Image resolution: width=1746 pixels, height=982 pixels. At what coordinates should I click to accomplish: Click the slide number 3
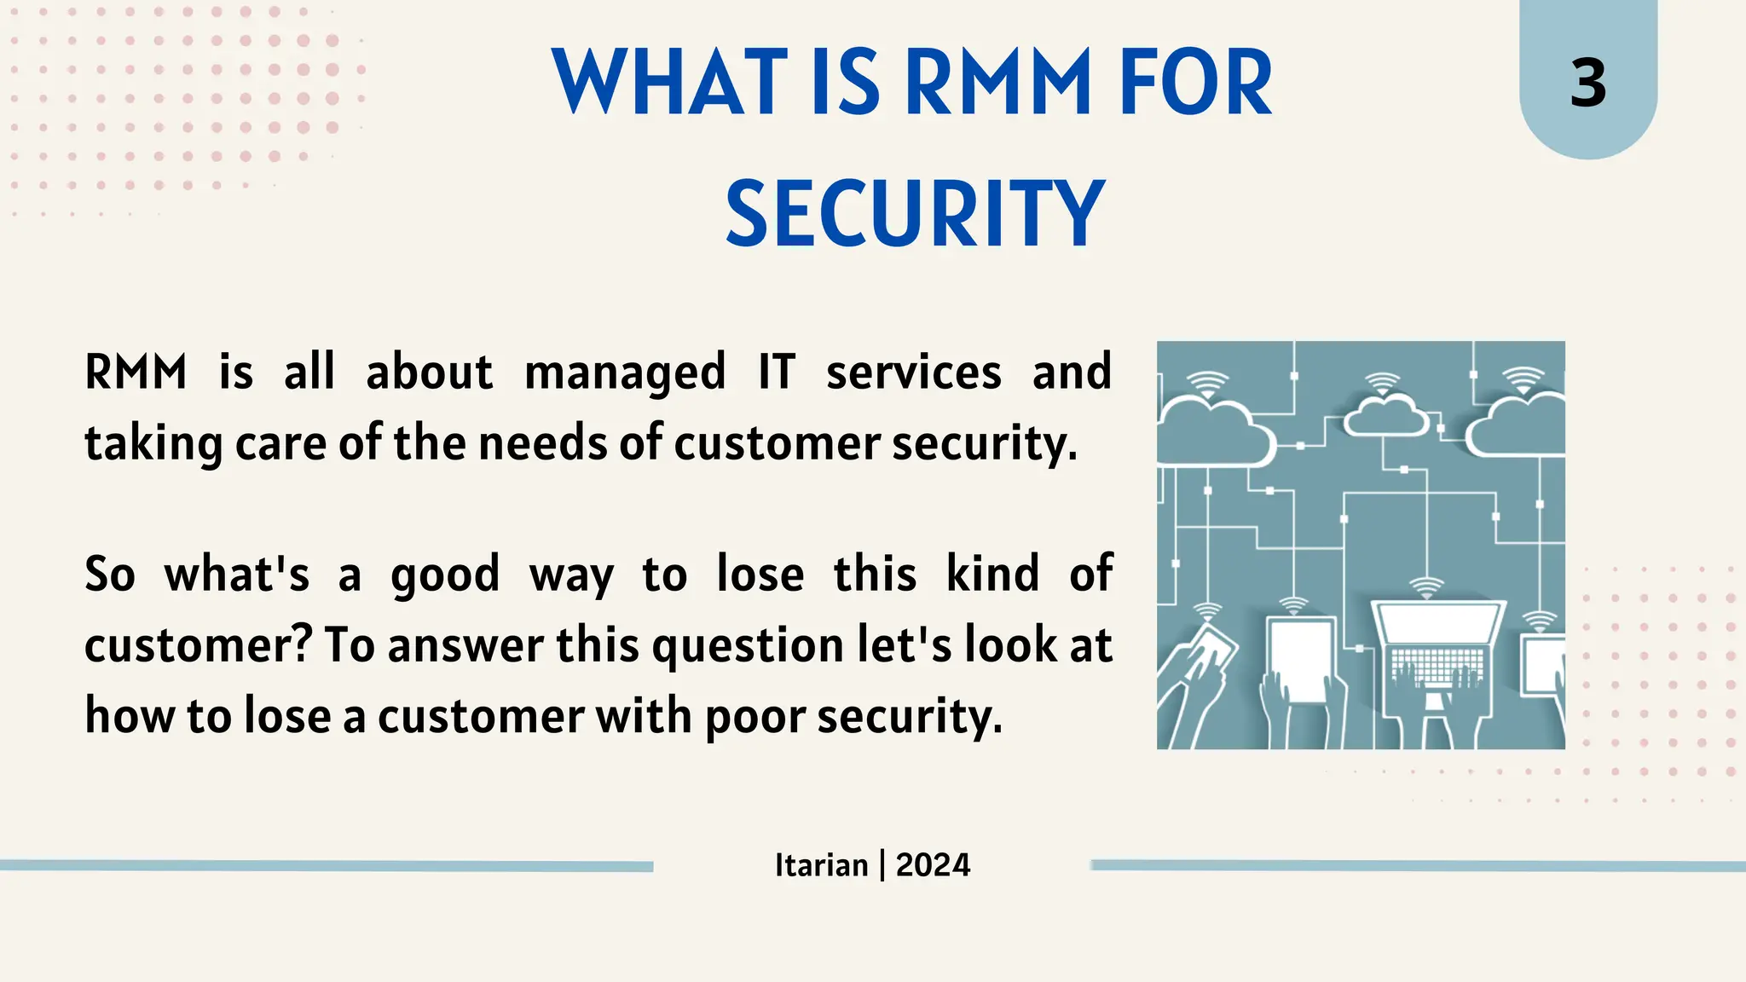1587,84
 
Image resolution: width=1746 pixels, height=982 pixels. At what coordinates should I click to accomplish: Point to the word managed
624,373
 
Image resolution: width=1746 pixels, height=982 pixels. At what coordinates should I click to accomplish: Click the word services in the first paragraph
913,373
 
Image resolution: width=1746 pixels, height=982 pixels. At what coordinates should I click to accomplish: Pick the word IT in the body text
776,373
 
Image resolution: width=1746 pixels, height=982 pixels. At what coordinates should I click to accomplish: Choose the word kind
992,574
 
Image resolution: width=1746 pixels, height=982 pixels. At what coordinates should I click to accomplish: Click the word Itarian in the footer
821,865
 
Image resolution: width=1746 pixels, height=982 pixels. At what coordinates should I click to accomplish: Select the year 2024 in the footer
933,865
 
